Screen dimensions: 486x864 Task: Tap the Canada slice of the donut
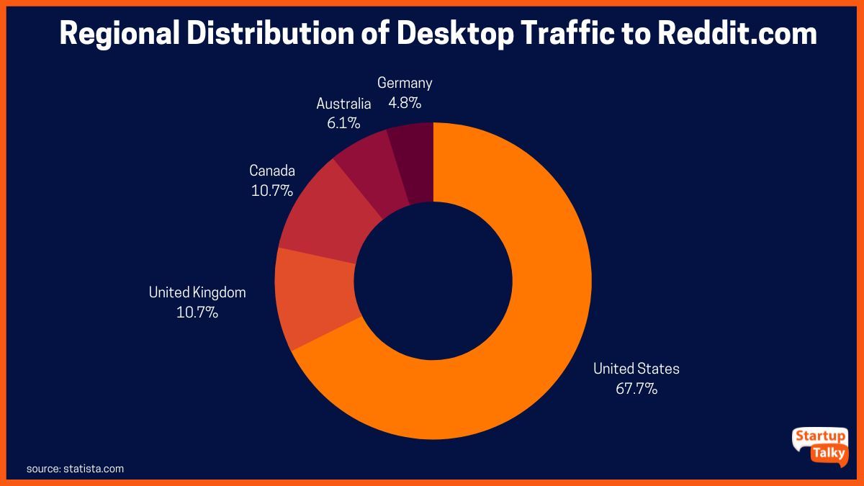click(x=328, y=216)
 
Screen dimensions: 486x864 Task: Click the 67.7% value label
click(x=636, y=390)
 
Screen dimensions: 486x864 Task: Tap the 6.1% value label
click(x=343, y=123)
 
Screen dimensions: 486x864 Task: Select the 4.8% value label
click(x=405, y=103)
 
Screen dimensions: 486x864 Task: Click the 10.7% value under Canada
click(x=271, y=191)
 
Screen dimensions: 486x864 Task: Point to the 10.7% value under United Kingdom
click(x=197, y=313)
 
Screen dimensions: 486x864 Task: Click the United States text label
click(x=636, y=369)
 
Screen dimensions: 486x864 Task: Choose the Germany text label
click(x=405, y=83)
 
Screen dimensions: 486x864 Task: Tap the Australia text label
click(x=343, y=103)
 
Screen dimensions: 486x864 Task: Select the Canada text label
click(x=271, y=171)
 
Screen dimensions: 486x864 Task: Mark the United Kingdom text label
click(x=197, y=292)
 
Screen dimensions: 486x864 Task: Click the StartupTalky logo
click(x=820, y=446)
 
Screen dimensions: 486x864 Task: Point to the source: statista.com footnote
click(x=75, y=469)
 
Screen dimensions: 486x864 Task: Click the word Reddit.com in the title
click(x=737, y=34)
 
